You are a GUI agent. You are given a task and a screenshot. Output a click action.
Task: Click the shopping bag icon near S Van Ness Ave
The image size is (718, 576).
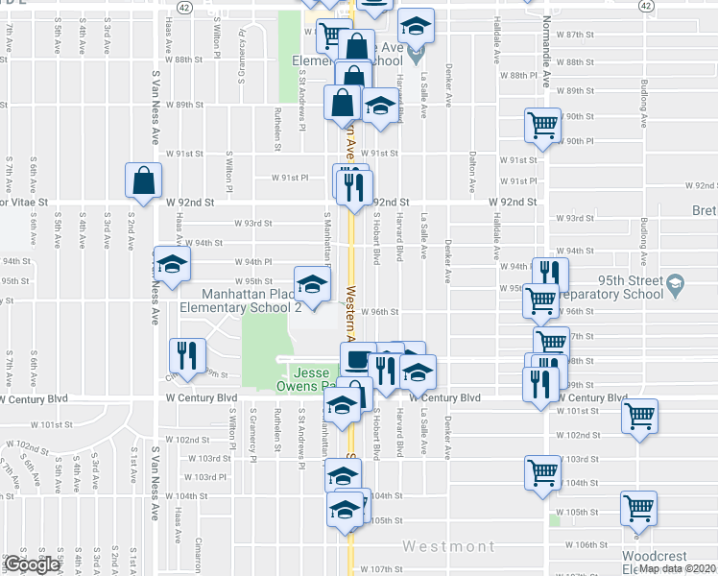(x=143, y=180)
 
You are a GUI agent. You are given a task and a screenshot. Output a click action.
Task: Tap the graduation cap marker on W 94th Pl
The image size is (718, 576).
(x=172, y=265)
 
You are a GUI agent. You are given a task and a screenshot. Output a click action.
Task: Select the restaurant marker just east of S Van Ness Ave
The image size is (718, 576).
(x=187, y=355)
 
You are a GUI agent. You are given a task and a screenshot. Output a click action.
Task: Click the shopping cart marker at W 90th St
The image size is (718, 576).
(x=542, y=126)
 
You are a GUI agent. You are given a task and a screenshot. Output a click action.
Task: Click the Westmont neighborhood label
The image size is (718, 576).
(x=447, y=546)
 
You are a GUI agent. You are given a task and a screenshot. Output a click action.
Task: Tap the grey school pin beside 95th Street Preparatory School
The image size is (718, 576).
(x=678, y=283)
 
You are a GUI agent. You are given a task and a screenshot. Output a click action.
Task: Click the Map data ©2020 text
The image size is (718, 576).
(x=677, y=568)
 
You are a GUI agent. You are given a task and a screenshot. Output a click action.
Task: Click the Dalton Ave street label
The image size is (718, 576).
(x=473, y=170)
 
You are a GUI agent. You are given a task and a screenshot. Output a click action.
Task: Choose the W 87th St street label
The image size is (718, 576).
(x=576, y=34)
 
